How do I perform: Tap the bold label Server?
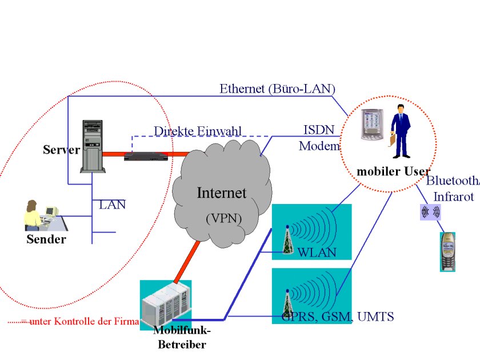pyautogui.click(x=61, y=150)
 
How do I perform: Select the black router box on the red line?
pyautogui.click(x=147, y=154)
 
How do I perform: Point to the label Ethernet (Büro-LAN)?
pyautogui.click(x=277, y=89)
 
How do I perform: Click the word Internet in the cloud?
pyautogui.click(x=221, y=193)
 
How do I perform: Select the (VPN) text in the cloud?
pyautogui.click(x=223, y=218)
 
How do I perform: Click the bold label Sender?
pyautogui.click(x=46, y=239)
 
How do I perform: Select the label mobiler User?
pyautogui.click(x=393, y=171)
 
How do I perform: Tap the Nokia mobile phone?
pyautogui.click(x=449, y=251)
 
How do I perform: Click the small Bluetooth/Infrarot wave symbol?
pyautogui.click(x=430, y=212)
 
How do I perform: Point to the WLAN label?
pyautogui.click(x=317, y=253)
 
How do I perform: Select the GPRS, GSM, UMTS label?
pyautogui.click(x=338, y=317)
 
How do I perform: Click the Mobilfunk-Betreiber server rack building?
pyautogui.click(x=165, y=304)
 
